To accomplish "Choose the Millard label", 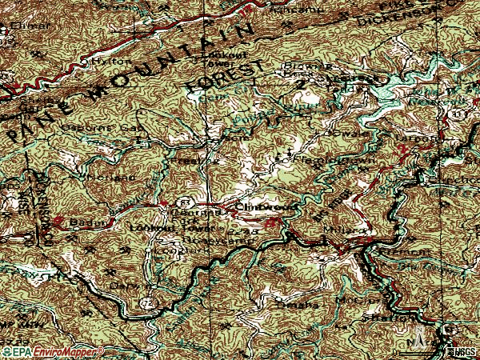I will [346, 230].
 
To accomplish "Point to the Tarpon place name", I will [423, 137].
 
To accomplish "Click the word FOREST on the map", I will [224, 78].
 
